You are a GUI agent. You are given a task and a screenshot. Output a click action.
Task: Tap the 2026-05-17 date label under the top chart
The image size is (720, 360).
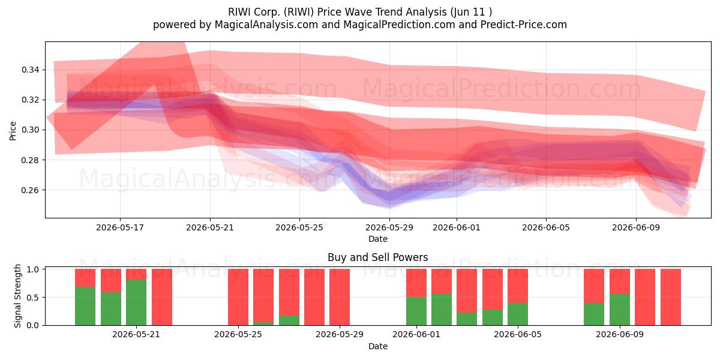coord(120,227)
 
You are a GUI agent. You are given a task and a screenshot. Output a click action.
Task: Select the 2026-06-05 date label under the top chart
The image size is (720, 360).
coord(546,227)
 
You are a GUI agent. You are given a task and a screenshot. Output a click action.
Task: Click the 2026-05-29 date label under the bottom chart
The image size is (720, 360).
coord(340,334)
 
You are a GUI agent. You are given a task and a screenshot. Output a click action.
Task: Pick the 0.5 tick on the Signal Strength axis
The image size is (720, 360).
coord(33,298)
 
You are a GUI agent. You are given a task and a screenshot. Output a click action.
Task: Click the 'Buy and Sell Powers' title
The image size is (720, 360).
coord(377,257)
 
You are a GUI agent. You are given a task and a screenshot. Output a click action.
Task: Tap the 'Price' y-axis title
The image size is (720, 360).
coord(13,131)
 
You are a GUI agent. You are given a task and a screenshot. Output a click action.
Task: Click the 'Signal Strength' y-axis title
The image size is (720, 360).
coord(17,296)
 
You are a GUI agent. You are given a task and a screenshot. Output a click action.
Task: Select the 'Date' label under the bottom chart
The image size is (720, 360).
coord(377,346)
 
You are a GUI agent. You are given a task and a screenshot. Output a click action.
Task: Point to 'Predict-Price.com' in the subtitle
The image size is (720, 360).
coord(524,25)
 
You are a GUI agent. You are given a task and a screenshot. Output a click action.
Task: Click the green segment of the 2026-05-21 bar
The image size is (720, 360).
coord(136,302)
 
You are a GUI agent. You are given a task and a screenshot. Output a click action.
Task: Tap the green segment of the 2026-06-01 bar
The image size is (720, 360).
coord(416,311)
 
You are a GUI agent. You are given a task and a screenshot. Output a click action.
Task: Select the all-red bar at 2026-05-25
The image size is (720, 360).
coord(238,297)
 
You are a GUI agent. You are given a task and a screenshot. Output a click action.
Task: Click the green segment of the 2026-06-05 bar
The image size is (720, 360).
coord(518,314)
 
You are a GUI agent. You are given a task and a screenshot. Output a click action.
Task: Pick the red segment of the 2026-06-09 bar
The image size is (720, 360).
coord(620,281)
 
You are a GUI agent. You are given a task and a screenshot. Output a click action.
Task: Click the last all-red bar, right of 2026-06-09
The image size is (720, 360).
coord(671,297)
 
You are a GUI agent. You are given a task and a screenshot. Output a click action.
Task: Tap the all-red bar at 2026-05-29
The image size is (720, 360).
coord(340,297)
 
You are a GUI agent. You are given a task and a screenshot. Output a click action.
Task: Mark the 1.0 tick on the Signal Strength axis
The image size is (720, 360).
coord(33,269)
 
